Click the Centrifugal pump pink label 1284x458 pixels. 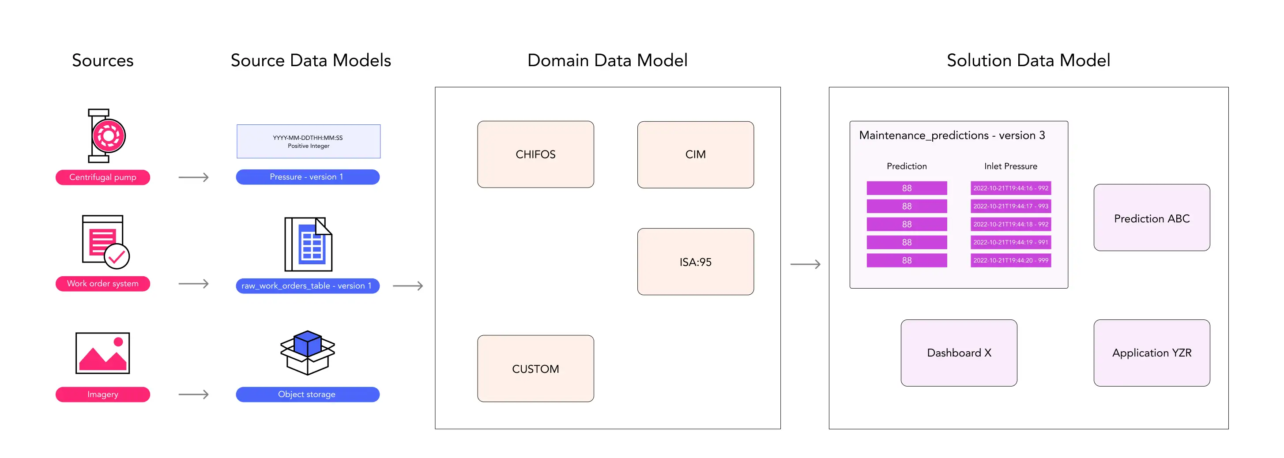click(x=103, y=177)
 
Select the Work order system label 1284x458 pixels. click(x=103, y=284)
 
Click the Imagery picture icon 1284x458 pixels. click(x=103, y=353)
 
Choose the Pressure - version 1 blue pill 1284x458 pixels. click(x=308, y=177)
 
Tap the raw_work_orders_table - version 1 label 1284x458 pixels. click(x=308, y=286)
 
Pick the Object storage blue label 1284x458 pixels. click(x=308, y=394)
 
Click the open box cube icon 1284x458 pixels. click(x=308, y=353)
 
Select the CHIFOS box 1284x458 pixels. click(x=535, y=154)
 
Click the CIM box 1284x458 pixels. click(x=695, y=154)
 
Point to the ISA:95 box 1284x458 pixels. click(x=695, y=262)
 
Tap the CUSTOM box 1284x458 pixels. click(x=535, y=369)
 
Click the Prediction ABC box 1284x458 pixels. click(x=1152, y=218)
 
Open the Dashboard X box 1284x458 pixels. click(x=959, y=353)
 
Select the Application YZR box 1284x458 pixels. click(x=1152, y=353)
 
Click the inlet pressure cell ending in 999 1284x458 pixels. click(x=1010, y=260)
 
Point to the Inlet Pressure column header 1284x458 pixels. click(x=1010, y=166)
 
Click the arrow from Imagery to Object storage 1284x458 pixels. click(x=193, y=394)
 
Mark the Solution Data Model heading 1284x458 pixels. click(x=1028, y=60)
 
